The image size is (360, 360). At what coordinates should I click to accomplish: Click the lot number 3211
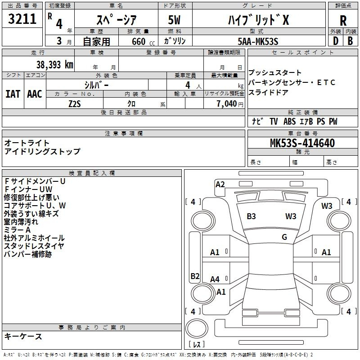(x=22, y=19)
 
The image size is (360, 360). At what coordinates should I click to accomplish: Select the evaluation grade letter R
(x=343, y=21)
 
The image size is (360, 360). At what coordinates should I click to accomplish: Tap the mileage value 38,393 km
(x=55, y=65)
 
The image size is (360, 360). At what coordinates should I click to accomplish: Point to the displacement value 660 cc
(x=143, y=41)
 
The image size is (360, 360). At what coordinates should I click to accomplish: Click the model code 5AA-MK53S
(x=258, y=41)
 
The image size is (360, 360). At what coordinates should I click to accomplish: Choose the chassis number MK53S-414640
(x=302, y=143)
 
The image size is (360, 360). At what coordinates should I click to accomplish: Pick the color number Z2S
(x=75, y=104)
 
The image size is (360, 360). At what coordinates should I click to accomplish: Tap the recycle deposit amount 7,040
(x=227, y=104)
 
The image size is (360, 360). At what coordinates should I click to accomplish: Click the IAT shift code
(x=13, y=94)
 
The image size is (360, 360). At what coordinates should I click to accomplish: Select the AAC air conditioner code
(x=35, y=94)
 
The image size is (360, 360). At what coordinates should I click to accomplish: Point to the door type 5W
(x=174, y=20)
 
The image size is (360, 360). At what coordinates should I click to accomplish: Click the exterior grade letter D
(x=336, y=41)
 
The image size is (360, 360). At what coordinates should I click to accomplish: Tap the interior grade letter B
(x=350, y=41)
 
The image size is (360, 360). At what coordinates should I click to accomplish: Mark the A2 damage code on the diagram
(x=220, y=184)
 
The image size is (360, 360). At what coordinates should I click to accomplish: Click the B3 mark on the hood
(x=251, y=216)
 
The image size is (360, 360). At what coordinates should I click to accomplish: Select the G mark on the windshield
(x=284, y=237)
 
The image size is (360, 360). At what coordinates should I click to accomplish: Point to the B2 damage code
(x=195, y=276)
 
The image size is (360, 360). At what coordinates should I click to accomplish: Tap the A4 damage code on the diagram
(x=215, y=279)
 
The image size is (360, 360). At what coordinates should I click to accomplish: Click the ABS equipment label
(x=289, y=121)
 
